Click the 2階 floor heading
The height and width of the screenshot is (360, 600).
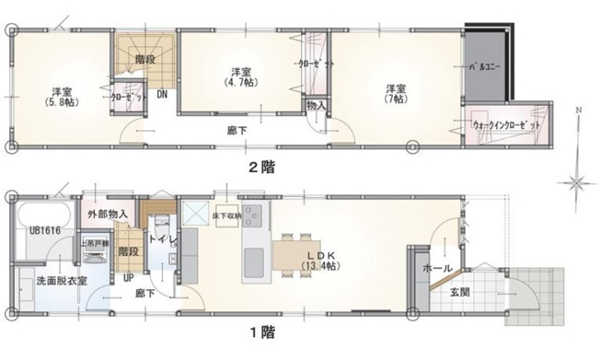260,168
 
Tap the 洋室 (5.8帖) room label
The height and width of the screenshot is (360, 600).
63,96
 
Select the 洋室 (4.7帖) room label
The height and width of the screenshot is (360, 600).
241,76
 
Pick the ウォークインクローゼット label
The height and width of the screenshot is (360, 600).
506,122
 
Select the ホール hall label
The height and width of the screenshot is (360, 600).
435,267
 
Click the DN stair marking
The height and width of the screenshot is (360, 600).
162,95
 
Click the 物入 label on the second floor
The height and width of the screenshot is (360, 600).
316,106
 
